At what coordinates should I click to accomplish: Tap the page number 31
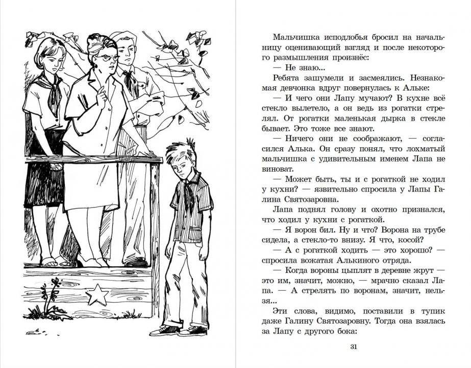(x=354, y=347)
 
